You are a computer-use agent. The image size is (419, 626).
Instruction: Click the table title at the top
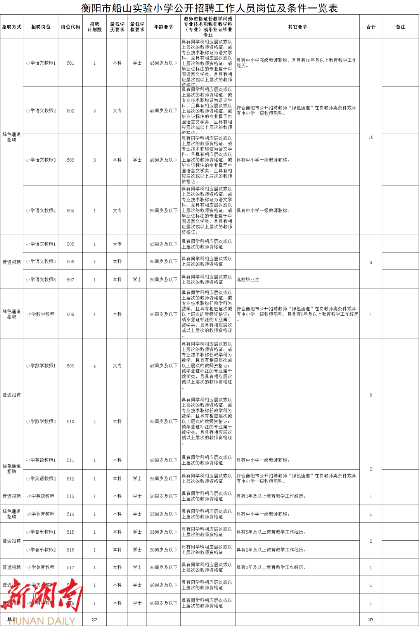[x=209, y=8]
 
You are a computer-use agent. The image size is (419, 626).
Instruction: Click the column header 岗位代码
[x=70, y=27]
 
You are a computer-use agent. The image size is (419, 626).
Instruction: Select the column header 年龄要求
[x=163, y=27]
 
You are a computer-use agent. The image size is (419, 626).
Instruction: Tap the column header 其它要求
[x=298, y=27]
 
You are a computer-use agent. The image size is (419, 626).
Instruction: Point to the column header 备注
[x=400, y=27]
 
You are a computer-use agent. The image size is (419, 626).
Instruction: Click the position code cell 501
[x=70, y=63]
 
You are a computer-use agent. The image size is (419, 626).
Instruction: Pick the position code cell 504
[x=70, y=211]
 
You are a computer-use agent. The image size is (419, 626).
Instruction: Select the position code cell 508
[x=70, y=315]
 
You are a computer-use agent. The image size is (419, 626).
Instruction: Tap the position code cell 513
[x=70, y=496]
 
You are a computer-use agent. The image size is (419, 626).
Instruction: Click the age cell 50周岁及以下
[x=163, y=211]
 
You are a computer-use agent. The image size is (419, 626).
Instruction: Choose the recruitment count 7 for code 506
[x=94, y=262]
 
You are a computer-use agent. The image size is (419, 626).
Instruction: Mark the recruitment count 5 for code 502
[x=94, y=111]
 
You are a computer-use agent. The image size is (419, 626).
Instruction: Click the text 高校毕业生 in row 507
[x=248, y=280]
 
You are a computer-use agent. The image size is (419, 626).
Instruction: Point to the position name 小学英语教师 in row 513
[x=41, y=496]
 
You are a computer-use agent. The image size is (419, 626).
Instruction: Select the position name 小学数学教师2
[x=41, y=422]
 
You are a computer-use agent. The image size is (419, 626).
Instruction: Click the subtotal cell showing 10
[x=371, y=137]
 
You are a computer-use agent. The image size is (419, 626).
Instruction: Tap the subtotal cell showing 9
[x=371, y=263]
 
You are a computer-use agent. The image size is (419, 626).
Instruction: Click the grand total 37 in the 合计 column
[x=371, y=619]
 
